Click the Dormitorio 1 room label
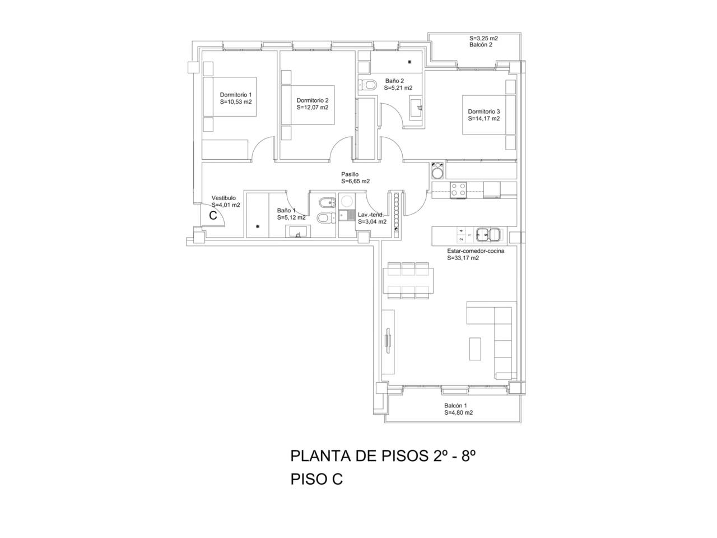[235, 95]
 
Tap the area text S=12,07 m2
[312, 108]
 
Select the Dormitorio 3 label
[484, 112]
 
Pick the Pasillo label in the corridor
[350, 174]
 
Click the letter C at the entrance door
[213, 216]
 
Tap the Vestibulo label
[224, 198]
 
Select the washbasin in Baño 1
[297, 231]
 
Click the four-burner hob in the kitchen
[458, 190]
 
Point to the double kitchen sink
[487, 235]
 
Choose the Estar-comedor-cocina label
[476, 251]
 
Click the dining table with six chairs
[408, 281]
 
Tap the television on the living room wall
[388, 341]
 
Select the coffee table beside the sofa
[475, 349]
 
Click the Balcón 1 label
[455, 405]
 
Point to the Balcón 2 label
[481, 45]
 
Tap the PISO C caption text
[316, 479]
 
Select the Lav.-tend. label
[370, 215]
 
